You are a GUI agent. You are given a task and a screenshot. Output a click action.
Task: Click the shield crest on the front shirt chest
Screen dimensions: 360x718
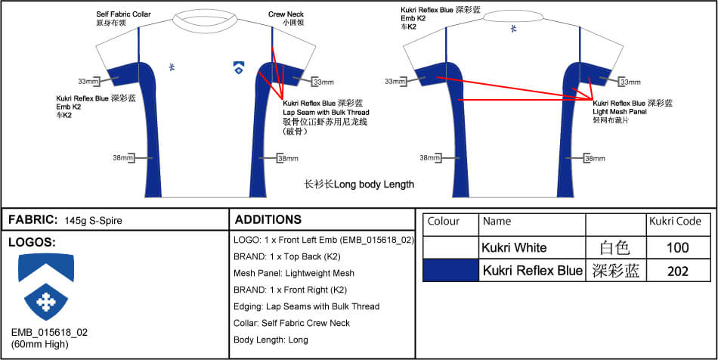point(238,68)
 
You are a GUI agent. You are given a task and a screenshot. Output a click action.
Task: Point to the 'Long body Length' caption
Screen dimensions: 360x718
point(359,184)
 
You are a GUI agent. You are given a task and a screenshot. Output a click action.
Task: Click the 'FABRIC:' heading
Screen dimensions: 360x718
point(32,220)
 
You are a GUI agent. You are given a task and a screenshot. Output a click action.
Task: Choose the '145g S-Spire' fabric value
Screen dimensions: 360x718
point(94,221)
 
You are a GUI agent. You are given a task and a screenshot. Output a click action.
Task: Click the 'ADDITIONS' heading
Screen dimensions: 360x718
point(268,220)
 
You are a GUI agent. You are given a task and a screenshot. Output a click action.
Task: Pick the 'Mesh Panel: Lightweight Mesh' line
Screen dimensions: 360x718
point(295,273)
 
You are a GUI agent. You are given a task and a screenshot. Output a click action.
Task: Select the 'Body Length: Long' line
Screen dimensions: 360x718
point(271,340)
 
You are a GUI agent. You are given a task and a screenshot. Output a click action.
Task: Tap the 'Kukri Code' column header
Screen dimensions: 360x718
point(675,222)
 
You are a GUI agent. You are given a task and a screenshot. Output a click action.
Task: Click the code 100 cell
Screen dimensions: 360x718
point(678,247)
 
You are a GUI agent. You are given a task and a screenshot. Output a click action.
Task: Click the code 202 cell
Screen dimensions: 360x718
point(678,271)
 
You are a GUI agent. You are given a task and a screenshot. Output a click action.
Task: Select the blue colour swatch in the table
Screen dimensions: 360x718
point(450,271)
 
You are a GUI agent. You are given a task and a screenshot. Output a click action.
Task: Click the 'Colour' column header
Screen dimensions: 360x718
point(444,222)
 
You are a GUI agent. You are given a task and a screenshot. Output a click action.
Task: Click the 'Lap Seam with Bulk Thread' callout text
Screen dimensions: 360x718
point(326,112)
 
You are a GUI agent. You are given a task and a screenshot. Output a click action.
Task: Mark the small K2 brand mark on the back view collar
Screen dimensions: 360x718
point(515,29)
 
